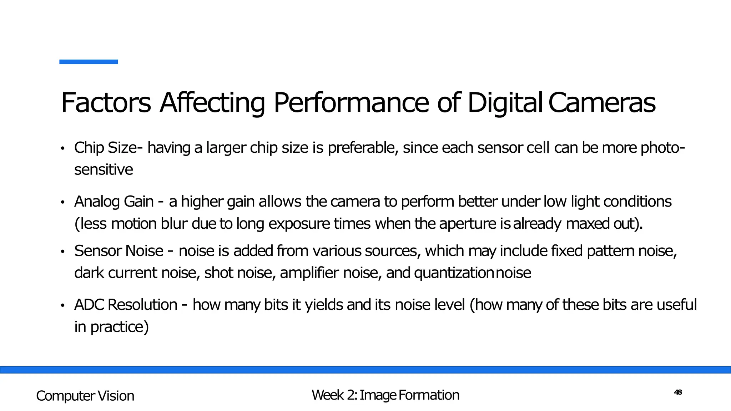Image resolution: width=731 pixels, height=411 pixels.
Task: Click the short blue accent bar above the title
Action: (x=89, y=62)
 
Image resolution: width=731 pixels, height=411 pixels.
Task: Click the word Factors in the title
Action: (x=106, y=103)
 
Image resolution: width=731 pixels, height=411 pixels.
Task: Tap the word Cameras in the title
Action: (x=602, y=103)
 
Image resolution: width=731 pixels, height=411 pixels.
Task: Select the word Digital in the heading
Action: (x=505, y=103)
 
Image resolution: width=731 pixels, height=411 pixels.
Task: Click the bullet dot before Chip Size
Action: (x=62, y=148)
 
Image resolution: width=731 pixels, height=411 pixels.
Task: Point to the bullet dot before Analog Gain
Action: (x=62, y=202)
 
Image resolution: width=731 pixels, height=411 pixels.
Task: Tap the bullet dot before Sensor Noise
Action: (x=62, y=252)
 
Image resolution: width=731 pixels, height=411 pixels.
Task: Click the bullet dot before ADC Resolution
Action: (x=62, y=305)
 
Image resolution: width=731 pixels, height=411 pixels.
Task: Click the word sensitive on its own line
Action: (x=104, y=169)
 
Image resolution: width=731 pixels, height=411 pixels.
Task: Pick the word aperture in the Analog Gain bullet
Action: (x=468, y=224)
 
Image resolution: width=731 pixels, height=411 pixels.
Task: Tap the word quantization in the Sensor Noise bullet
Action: (x=454, y=273)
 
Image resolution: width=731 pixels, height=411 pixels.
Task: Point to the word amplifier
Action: (x=309, y=273)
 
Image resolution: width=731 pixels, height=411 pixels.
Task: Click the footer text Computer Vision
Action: (x=85, y=396)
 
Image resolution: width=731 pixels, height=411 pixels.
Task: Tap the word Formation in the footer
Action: (x=429, y=395)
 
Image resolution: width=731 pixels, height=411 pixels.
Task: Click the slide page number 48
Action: (x=678, y=392)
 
